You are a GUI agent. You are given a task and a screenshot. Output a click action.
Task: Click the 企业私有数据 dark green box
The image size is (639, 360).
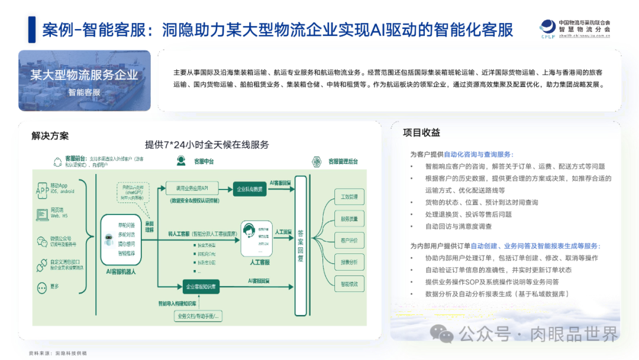coord(249,189)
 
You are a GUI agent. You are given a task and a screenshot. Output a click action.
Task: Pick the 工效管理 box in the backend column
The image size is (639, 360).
coord(349,196)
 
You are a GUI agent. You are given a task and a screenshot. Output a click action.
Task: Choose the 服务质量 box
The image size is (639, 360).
coord(349,218)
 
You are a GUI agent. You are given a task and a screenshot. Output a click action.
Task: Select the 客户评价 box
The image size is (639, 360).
coord(349,240)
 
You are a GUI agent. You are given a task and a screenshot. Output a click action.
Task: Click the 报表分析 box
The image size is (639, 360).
coord(349,262)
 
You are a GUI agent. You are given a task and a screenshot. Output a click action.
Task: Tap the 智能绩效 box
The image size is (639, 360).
coord(349,284)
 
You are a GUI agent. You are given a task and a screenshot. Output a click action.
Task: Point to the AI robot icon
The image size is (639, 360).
coord(109,240)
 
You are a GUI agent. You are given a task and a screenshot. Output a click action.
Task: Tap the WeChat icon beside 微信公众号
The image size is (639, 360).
coord(41,241)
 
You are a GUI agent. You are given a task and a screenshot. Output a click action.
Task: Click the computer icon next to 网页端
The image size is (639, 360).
coord(41,214)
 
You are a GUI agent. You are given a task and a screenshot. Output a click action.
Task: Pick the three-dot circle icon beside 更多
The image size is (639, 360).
coord(41,288)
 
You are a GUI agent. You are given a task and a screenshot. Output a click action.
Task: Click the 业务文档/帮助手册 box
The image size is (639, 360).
coord(198,316)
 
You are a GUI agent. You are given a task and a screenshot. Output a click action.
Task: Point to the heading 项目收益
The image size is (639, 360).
coord(421,133)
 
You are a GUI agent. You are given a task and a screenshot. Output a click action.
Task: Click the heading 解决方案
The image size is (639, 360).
coord(50,136)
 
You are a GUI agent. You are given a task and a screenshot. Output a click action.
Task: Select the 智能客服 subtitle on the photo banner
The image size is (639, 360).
coord(84,92)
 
